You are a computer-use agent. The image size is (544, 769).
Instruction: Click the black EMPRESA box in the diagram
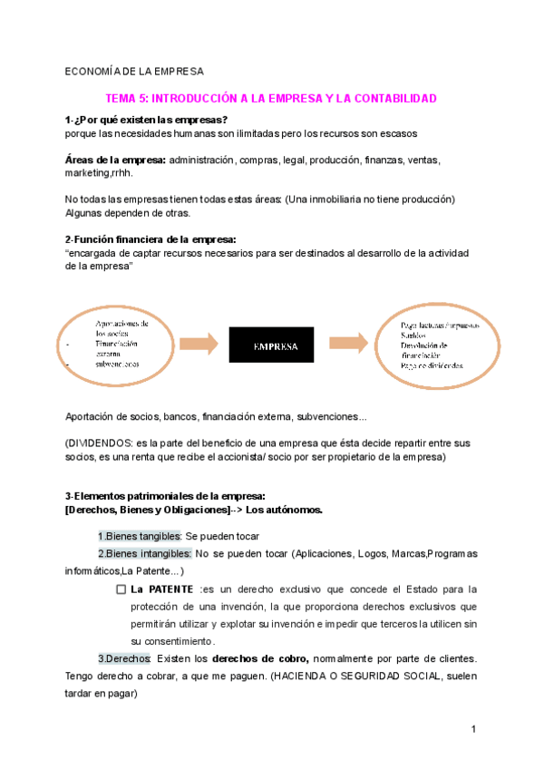point(271,346)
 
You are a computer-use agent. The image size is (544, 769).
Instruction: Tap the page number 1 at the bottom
point(473,729)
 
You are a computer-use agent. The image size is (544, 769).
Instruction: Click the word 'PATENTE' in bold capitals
point(170,589)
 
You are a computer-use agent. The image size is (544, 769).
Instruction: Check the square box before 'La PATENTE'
point(121,589)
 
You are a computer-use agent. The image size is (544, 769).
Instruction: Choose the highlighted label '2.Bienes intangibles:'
point(144,553)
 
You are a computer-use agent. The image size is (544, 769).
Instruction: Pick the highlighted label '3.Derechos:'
point(125,658)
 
